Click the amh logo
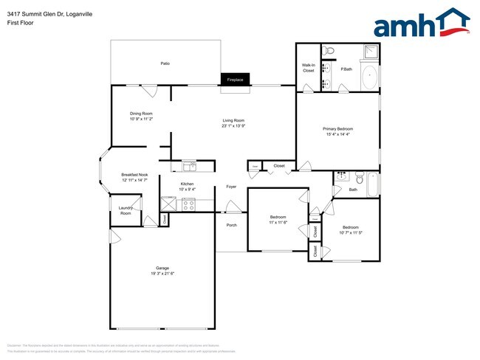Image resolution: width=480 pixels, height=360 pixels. pyautogui.click(x=421, y=24)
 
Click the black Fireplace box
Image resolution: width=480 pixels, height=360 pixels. pyautogui.click(x=235, y=79)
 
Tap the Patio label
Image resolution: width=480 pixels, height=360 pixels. pyautogui.click(x=165, y=63)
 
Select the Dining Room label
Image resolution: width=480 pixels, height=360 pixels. pyautogui.click(x=140, y=114)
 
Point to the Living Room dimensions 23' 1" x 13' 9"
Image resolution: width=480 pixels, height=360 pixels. pyautogui.click(x=233, y=125)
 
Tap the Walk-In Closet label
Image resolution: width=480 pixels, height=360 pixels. pyautogui.click(x=308, y=68)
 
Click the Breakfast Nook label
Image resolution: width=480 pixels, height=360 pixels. pyautogui.click(x=134, y=175)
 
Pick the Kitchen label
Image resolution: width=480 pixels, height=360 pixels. pyautogui.click(x=187, y=184)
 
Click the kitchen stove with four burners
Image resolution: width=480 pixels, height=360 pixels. pyautogui.click(x=188, y=204)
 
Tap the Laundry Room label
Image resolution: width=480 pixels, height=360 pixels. pyautogui.click(x=125, y=210)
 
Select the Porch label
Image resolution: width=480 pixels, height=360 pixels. pyautogui.click(x=231, y=225)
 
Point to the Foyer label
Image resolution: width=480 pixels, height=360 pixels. pyautogui.click(x=231, y=187)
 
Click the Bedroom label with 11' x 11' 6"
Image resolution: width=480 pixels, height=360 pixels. pyautogui.click(x=277, y=216)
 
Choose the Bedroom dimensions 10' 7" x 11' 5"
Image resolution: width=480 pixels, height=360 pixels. pyautogui.click(x=350, y=232)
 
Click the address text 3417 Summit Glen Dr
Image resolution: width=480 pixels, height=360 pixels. pyautogui.click(x=36, y=13)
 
